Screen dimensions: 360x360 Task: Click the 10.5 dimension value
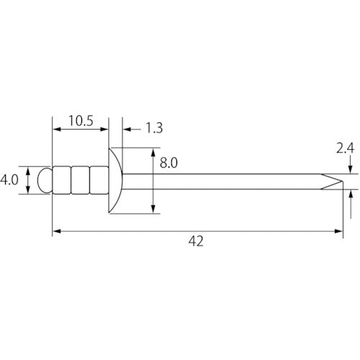click(x=80, y=121)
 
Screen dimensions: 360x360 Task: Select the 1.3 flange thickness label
click(x=153, y=129)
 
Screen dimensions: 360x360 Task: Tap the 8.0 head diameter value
click(x=168, y=163)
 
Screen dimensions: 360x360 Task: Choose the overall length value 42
click(x=195, y=241)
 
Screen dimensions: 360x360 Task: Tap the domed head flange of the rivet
click(x=114, y=181)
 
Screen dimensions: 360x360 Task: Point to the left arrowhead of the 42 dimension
click(x=57, y=231)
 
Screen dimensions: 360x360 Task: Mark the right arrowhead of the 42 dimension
click(x=338, y=231)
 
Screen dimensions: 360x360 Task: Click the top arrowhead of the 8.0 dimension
click(x=153, y=151)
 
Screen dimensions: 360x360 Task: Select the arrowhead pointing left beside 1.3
click(x=125, y=130)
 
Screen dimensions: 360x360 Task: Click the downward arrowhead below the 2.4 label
click(x=348, y=171)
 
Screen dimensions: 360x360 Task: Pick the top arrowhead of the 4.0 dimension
click(x=29, y=171)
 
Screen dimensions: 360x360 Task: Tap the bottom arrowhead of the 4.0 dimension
click(x=29, y=191)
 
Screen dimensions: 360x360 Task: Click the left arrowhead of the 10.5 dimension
click(x=57, y=130)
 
